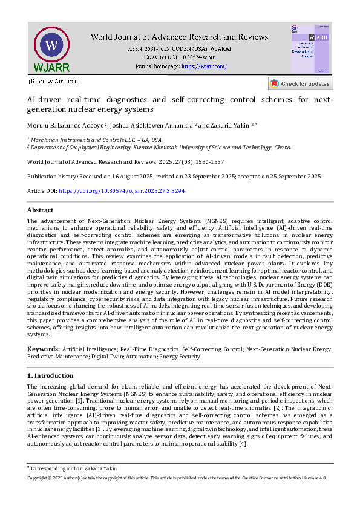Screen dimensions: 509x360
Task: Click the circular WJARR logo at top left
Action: (x=52, y=47)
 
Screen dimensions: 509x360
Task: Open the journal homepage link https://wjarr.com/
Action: (x=204, y=66)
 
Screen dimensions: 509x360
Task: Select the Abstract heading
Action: (x=41, y=210)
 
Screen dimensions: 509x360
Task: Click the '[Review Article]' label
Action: (x=54, y=81)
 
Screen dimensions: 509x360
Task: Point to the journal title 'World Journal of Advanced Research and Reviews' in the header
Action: (x=179, y=37)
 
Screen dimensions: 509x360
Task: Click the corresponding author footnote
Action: (x=73, y=468)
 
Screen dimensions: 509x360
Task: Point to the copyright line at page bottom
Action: (x=177, y=478)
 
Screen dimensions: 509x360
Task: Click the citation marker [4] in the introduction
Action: (x=243, y=444)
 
